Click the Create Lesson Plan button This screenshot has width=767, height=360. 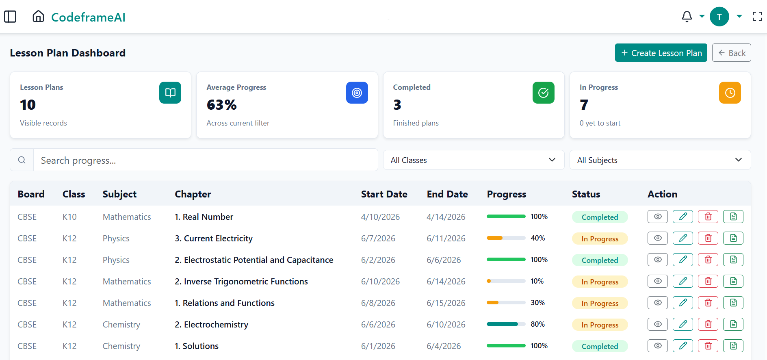[661, 53]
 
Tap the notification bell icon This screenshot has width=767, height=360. [687, 17]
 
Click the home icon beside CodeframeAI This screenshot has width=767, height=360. [38, 16]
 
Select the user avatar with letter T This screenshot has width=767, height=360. [719, 17]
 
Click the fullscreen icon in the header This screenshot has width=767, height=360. [757, 17]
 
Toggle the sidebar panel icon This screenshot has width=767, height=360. [10, 17]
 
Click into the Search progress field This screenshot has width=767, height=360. [206, 160]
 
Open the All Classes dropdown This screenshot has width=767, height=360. [474, 160]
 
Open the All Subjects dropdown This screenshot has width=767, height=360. [660, 160]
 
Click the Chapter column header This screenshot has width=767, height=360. [193, 194]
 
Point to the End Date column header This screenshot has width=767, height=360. [447, 194]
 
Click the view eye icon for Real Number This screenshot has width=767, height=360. [658, 217]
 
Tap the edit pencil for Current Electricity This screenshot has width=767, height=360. [683, 238]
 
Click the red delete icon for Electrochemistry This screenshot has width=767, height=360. [708, 324]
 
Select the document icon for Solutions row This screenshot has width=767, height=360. [733, 346]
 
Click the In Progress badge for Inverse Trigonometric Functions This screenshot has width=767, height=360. [600, 282]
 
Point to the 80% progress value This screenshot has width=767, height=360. [537, 324]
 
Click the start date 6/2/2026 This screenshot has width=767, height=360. [378, 260]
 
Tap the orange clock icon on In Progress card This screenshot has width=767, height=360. [730, 93]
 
